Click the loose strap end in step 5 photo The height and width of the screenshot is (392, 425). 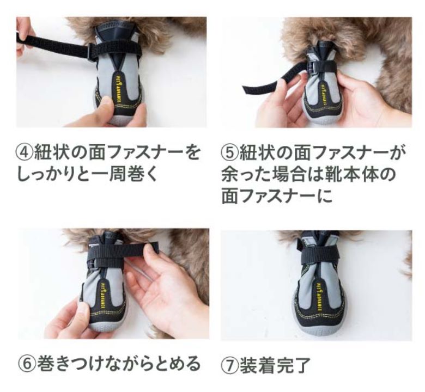click(260, 85)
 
